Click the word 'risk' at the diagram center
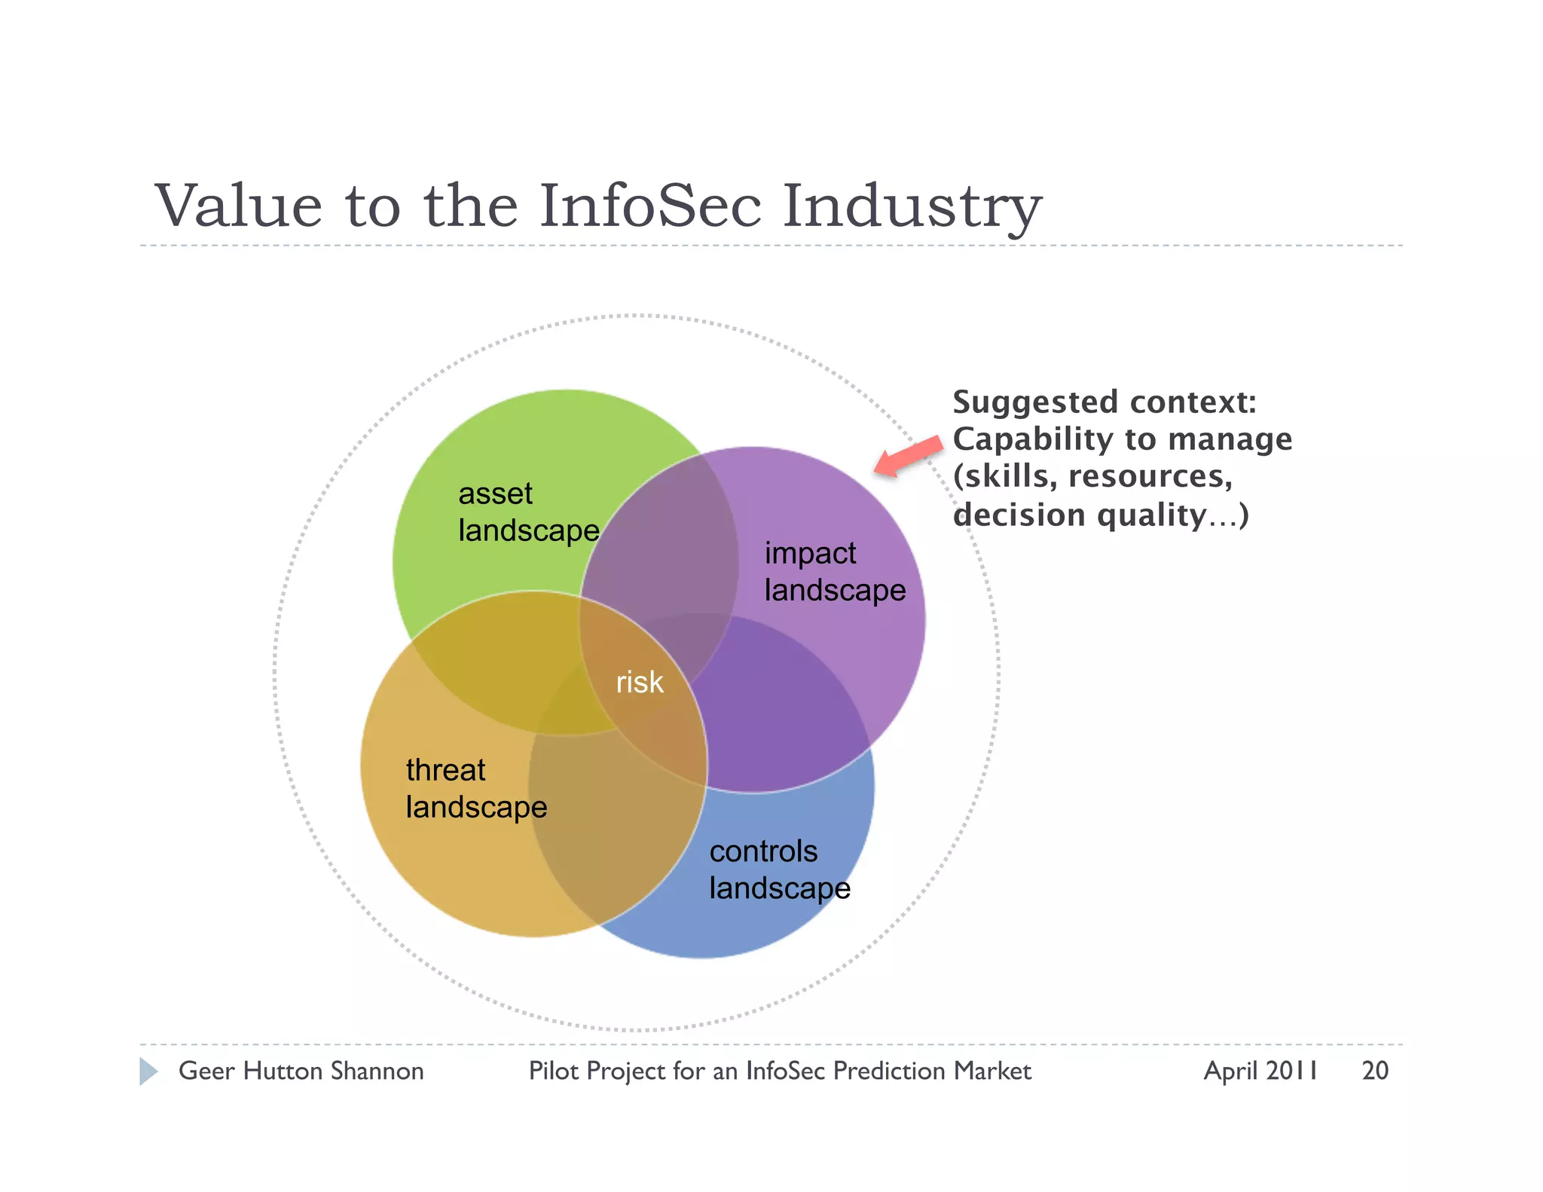(640, 683)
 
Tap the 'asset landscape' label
(528, 512)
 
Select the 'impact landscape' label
(835, 572)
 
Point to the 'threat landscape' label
(476, 789)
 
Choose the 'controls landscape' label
(780, 870)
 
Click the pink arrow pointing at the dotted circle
(909, 455)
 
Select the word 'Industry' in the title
(912, 207)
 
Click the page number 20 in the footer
(1375, 1071)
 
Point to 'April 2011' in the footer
(1260, 1071)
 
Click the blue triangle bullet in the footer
(148, 1071)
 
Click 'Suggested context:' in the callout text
(1105, 402)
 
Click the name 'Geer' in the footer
(206, 1071)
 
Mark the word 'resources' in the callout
(1149, 477)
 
